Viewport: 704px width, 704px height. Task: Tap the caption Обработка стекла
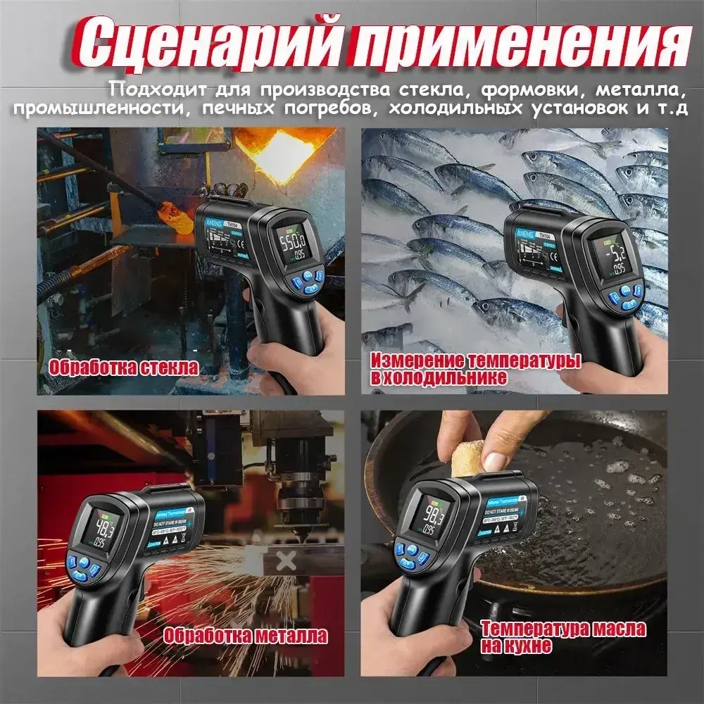click(x=123, y=367)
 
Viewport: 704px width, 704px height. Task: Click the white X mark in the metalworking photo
click(x=286, y=561)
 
